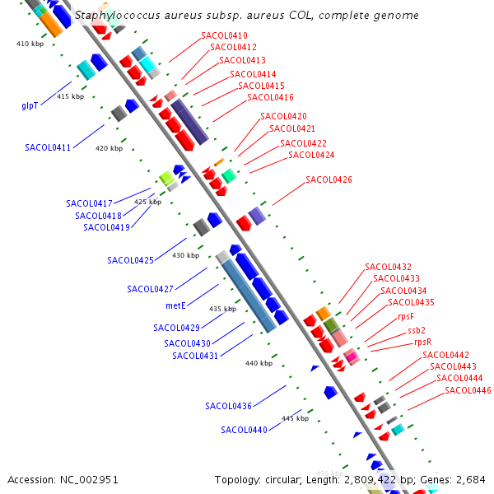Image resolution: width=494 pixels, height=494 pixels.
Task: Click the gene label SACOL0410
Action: [x=224, y=35]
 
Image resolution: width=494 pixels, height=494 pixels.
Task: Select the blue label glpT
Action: [x=30, y=106]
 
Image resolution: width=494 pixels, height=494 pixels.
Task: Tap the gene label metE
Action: [x=175, y=305]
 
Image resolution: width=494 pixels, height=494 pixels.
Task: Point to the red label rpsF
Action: [x=406, y=316]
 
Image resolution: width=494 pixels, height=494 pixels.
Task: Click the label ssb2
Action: [x=416, y=329]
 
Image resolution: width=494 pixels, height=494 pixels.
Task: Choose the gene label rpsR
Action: [x=422, y=342]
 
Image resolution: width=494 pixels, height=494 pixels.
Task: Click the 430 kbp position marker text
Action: [x=186, y=255]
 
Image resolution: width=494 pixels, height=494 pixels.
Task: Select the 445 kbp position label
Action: [x=295, y=418]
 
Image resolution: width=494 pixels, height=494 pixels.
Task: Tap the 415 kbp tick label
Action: [x=71, y=96]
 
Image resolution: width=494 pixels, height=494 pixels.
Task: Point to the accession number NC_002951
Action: [x=89, y=479]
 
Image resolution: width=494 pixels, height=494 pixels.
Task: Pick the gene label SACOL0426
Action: [x=329, y=179]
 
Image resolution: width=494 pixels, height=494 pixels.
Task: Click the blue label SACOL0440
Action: [x=244, y=430]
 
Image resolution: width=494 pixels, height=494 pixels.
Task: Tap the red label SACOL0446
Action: [x=468, y=390]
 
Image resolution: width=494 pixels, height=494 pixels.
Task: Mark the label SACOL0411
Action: [x=48, y=147]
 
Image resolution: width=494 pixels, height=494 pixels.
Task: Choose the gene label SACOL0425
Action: [x=130, y=260]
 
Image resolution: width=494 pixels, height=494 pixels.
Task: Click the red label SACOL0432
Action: [x=388, y=267]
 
